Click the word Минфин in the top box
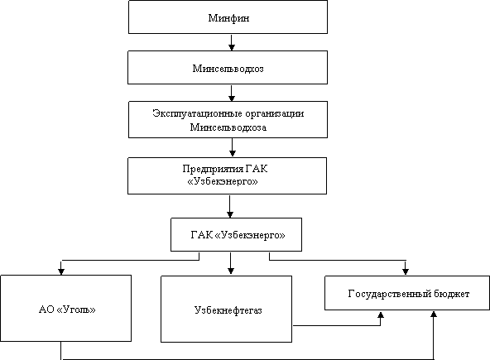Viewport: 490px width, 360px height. pyautogui.click(x=228, y=18)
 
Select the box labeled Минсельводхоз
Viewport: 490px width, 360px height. pyautogui.click(x=228, y=68)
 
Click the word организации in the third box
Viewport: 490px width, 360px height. pyautogui.click(x=274, y=113)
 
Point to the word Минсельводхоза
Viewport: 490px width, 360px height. pyautogui.click(x=228, y=127)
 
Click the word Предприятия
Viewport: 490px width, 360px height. pyautogui.click(x=213, y=169)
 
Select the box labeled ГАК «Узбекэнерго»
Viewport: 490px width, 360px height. pyautogui.click(x=236, y=234)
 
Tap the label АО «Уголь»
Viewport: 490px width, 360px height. pyautogui.click(x=67, y=310)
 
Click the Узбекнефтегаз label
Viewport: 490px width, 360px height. pyautogui.click(x=228, y=310)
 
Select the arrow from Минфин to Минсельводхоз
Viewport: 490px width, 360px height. pyautogui.click(x=231, y=42)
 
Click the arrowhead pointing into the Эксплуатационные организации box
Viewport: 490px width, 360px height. pyautogui.click(x=231, y=98)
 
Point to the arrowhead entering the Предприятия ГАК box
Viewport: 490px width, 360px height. pyautogui.click(x=232, y=153)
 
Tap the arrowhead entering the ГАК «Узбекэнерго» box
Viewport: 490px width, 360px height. pyautogui.click(x=230, y=214)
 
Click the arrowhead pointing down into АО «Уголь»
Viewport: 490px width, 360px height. pyautogui.click(x=61, y=271)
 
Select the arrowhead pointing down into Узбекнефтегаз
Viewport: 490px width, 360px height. pyautogui.click(x=231, y=271)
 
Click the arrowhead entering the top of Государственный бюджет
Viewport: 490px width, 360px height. pyautogui.click(x=406, y=271)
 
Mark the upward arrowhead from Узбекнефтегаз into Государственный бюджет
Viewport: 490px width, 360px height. pyautogui.click(x=380, y=314)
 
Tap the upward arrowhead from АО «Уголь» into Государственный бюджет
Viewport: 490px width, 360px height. pyautogui.click(x=434, y=314)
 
